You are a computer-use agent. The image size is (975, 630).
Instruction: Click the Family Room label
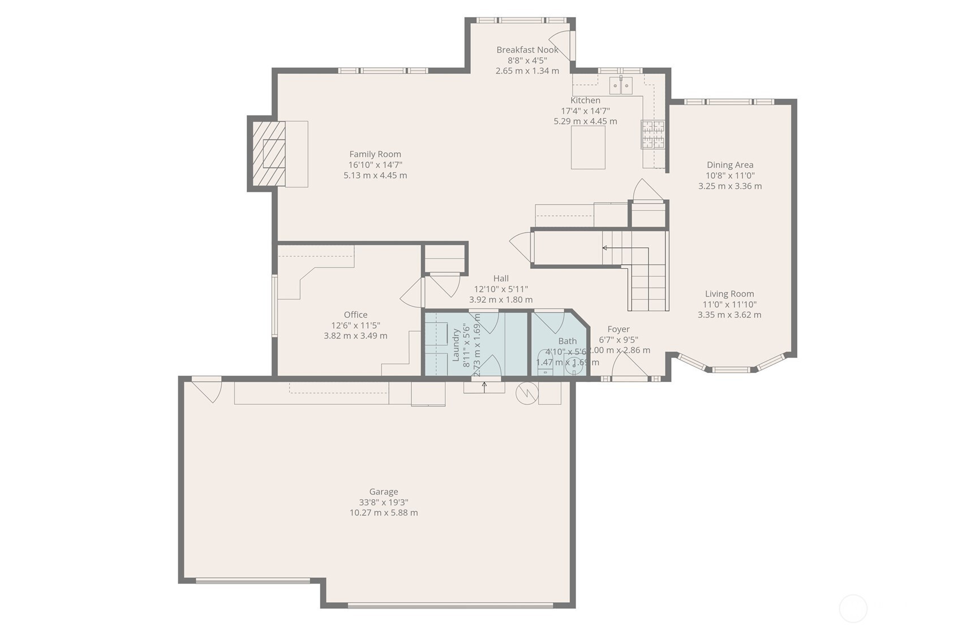(x=375, y=154)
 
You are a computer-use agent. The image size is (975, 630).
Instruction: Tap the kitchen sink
(x=620, y=85)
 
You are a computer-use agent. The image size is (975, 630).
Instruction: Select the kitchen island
(x=587, y=147)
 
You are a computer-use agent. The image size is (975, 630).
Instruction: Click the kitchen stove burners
(x=652, y=135)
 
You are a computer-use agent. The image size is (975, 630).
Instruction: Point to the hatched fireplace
(x=269, y=153)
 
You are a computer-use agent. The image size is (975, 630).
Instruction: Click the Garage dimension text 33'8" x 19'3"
(x=383, y=502)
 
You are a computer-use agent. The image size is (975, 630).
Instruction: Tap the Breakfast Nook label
(x=527, y=50)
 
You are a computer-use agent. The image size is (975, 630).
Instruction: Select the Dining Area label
(x=729, y=165)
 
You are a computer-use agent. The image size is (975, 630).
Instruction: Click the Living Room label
(x=729, y=294)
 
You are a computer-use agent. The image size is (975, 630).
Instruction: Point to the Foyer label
(x=618, y=329)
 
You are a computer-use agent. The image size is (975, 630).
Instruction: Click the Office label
(x=355, y=315)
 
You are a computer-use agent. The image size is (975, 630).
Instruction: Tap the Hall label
(x=500, y=278)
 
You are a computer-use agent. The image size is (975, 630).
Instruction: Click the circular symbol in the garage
(x=526, y=393)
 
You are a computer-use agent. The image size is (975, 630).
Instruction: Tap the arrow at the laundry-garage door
(x=484, y=385)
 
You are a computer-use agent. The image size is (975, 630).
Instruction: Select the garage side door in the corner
(x=208, y=389)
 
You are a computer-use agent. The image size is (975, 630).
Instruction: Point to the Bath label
(x=567, y=341)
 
